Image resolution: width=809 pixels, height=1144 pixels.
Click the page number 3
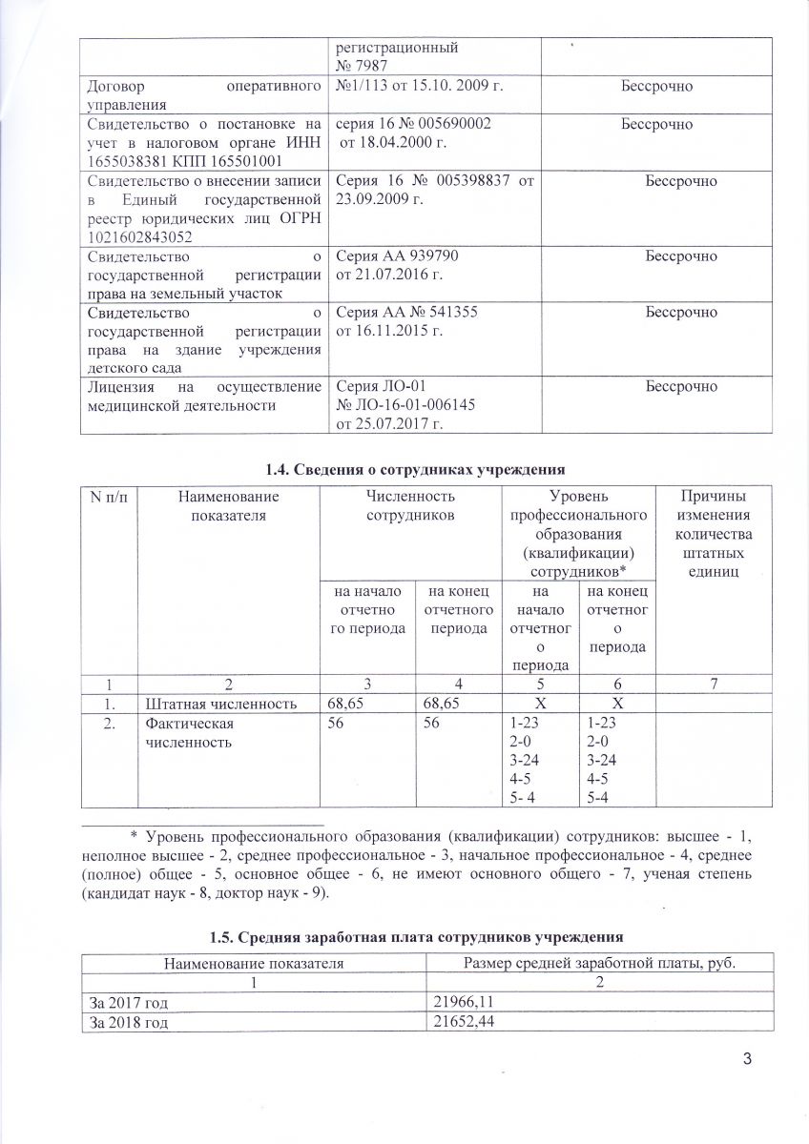click(747, 1062)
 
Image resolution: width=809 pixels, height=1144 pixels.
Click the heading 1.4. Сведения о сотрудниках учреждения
click(404, 467)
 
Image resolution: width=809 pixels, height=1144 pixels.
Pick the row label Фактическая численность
click(189, 732)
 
